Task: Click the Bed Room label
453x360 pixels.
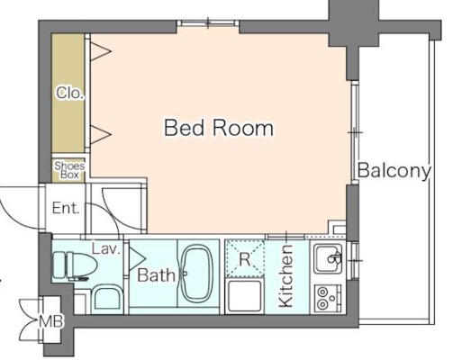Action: point(219,128)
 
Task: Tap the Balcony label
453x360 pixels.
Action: point(394,171)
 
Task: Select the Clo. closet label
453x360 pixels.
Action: point(70,94)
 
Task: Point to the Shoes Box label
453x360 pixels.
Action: point(69,170)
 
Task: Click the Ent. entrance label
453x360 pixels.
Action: point(66,208)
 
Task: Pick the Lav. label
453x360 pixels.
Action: point(106,249)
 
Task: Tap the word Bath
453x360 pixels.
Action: point(156,274)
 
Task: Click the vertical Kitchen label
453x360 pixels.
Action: point(285,276)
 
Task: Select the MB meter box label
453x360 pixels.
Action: point(51,321)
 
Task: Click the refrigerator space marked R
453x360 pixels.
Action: point(245,258)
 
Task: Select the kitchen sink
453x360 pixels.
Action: point(328,258)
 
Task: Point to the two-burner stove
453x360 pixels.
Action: point(328,298)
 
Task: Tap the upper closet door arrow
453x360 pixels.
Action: point(101,51)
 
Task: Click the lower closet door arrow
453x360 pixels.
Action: point(101,134)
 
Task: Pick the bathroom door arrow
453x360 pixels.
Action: point(137,258)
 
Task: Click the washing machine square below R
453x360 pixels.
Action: point(244,296)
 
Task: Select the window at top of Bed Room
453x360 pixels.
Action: point(208,23)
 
